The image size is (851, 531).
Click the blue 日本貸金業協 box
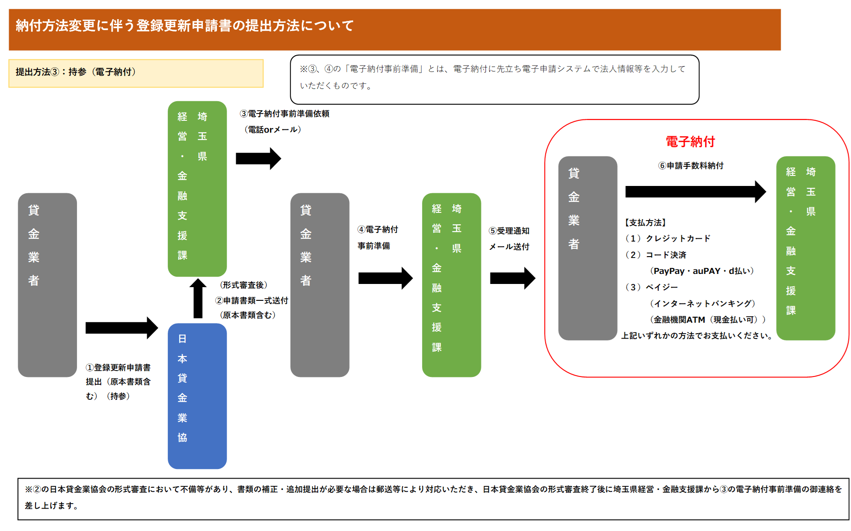coord(197,396)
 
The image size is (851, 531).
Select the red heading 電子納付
coord(690,142)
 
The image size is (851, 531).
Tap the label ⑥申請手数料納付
coord(691,165)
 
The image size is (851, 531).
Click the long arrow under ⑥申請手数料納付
coord(696,191)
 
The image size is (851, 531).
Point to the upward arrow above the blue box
coord(198,298)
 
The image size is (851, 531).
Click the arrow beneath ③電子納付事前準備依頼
coord(258,159)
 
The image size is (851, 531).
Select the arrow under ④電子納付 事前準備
coord(386,278)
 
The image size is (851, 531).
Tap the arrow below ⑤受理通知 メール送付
coord(513,278)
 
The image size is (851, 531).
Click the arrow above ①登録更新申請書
coord(122,328)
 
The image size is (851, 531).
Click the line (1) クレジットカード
coord(667,238)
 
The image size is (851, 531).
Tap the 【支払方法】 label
coord(645,222)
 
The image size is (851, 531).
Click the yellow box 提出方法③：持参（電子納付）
coord(136,73)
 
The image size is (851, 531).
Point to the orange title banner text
coord(185,26)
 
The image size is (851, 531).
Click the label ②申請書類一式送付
coord(252,300)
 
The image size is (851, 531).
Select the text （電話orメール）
coord(273,129)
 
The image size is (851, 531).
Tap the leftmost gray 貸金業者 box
coord(47,285)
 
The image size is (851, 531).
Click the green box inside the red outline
coord(805,248)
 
